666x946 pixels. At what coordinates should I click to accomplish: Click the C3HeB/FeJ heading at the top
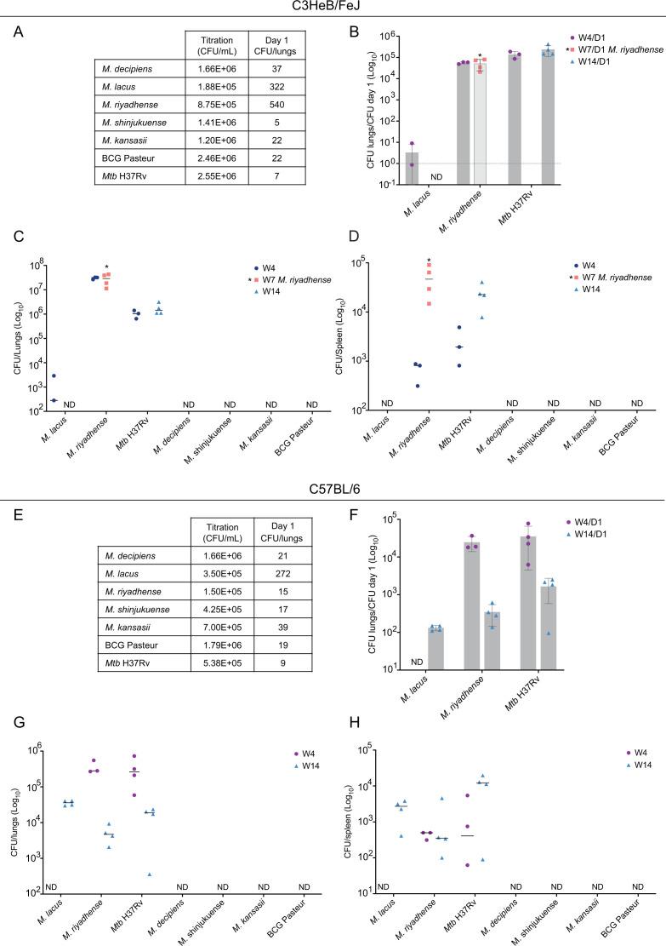333,8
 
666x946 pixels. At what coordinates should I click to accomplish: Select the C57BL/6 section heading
333,490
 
